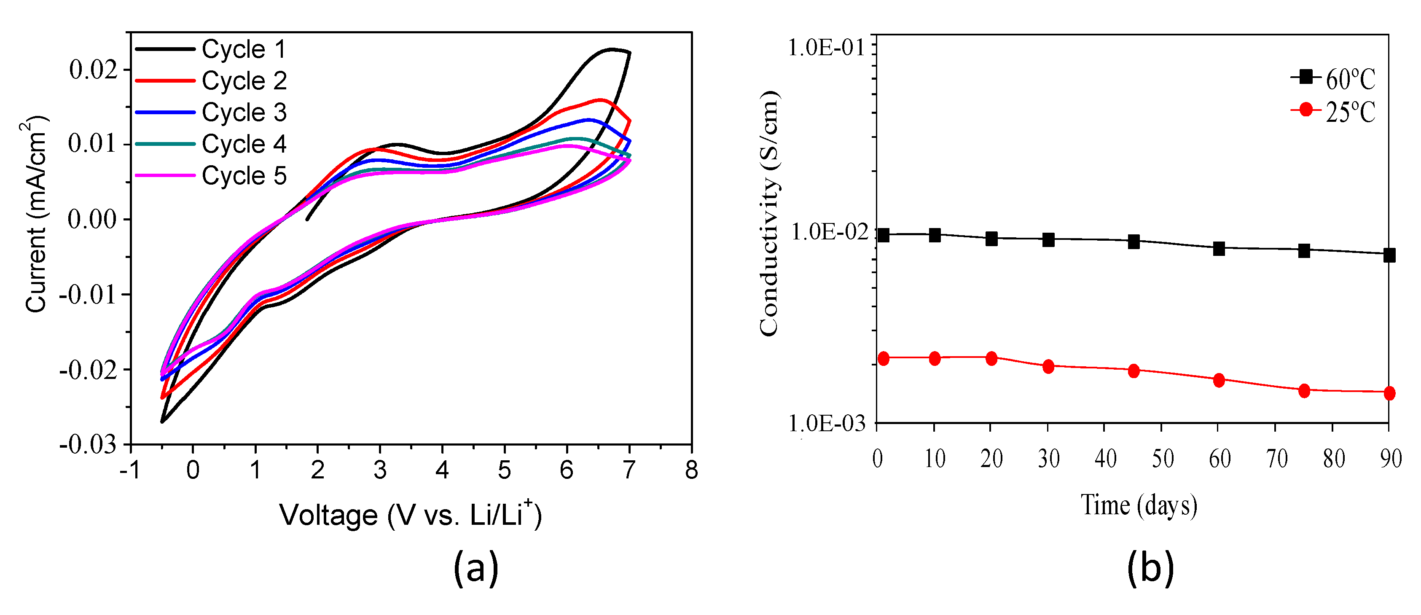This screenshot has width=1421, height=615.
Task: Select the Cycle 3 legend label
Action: pyautogui.click(x=243, y=113)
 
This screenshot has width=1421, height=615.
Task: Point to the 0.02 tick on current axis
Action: pyautogui.click(x=93, y=70)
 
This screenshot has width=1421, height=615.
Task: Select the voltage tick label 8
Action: pyautogui.click(x=691, y=470)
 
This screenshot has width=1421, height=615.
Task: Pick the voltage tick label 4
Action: pyautogui.click(x=442, y=470)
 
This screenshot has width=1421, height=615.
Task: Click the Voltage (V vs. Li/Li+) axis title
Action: pyautogui.click(x=411, y=515)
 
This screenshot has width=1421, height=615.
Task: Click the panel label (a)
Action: pyautogui.click(x=475, y=568)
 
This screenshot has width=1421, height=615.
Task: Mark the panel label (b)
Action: pyautogui.click(x=1150, y=568)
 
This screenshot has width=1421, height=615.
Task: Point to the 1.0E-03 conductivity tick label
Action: pyautogui.click(x=827, y=424)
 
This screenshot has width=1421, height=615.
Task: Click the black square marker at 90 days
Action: pyautogui.click(x=1389, y=255)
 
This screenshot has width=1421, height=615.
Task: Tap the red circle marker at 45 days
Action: pyautogui.click(x=1134, y=371)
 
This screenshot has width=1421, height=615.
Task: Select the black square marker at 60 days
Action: pyautogui.click(x=1219, y=248)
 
